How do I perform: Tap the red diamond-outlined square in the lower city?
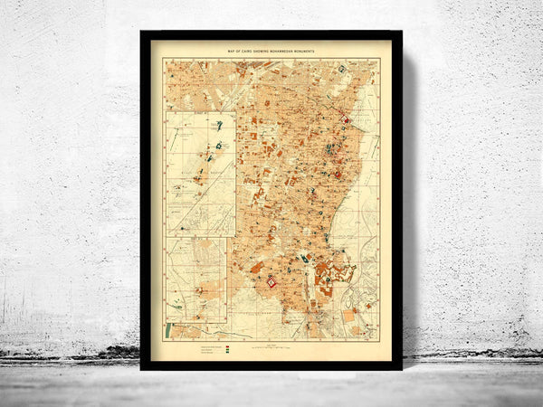coord(271,283)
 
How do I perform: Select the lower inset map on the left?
coord(196,280)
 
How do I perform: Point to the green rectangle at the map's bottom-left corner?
coord(167,330)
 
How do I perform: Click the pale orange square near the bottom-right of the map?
coord(348,317)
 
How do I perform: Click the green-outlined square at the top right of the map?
coord(341,69)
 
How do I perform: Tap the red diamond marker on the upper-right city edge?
coord(345,119)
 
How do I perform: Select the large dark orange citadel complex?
coord(333,271)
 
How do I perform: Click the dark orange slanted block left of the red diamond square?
coord(256,268)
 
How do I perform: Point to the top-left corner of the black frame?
coord(142,33)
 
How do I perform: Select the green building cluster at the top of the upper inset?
coord(218,125)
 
